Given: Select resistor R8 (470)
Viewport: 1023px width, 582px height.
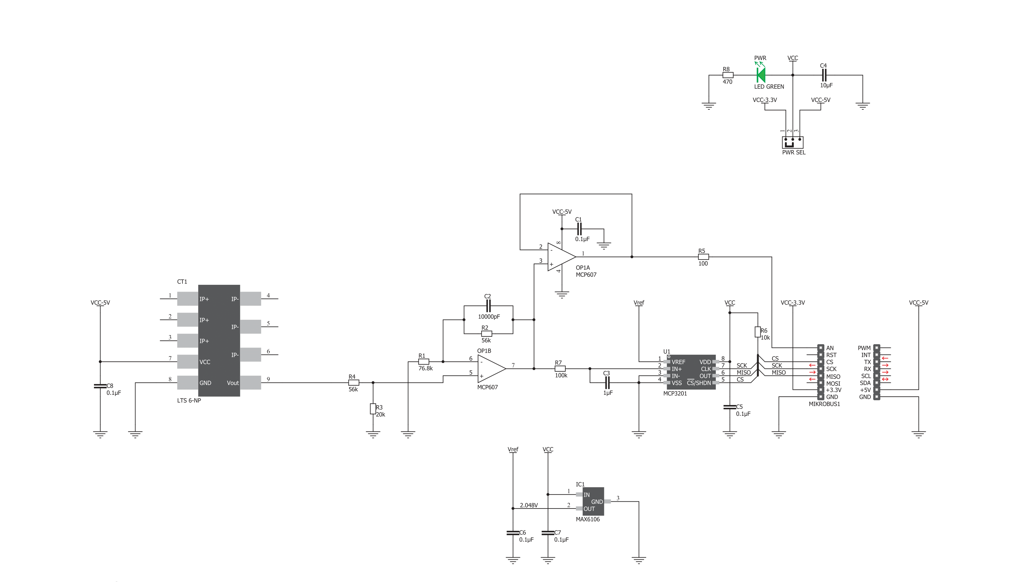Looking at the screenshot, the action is point(727,75).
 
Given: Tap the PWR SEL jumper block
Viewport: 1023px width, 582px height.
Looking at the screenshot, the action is point(793,142).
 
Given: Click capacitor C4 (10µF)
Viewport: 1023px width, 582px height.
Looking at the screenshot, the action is point(823,75).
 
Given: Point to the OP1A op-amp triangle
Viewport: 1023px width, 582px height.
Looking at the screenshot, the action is point(561,257).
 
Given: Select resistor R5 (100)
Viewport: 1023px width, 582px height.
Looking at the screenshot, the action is point(703,257).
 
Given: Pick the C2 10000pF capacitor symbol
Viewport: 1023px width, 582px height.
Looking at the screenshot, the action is point(488,306).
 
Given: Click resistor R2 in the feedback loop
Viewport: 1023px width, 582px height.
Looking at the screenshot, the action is point(486,333).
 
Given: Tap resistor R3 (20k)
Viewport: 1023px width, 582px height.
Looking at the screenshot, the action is point(373,408).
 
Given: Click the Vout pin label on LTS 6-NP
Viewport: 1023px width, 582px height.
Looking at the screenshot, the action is point(233,383).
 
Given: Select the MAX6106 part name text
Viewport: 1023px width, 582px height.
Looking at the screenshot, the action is point(588,519).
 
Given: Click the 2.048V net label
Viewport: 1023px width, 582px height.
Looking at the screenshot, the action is point(529,505).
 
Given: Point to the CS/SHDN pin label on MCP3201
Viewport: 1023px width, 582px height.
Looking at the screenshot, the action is point(699,383).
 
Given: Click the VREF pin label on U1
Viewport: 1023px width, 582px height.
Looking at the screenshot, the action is point(678,362).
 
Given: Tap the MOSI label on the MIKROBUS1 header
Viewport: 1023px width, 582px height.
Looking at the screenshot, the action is point(833,383).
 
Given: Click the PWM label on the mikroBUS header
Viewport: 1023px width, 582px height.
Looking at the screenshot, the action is point(864,348).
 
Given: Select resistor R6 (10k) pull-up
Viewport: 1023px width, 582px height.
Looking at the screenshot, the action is point(757,332).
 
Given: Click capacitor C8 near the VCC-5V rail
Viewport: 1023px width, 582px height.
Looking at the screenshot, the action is point(100,386).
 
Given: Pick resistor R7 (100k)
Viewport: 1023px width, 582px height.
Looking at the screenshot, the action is point(560,369).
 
